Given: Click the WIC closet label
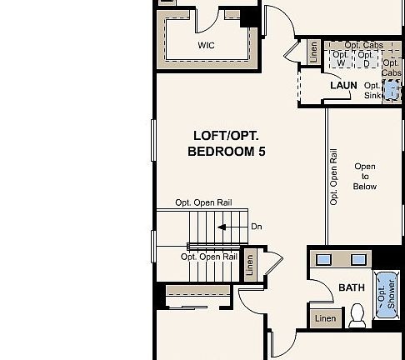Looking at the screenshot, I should coord(205,46).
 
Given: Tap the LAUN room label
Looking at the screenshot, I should coord(343,86).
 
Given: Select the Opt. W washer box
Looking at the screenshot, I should coord(340,59).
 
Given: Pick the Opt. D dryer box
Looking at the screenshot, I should coord(365,59).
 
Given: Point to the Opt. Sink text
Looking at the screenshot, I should coord(373,91).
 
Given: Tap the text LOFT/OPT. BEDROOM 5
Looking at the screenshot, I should coord(227,143).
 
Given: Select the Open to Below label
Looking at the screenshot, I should coord(365,177).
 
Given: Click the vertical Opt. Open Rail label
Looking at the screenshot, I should coord(333,177).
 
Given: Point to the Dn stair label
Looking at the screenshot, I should coord(257,227).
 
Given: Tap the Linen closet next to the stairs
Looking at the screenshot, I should coord(250,263).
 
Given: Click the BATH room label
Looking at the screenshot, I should coord(351,288).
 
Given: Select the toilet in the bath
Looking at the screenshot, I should coord(357,314).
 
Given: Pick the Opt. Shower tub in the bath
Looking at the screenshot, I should coord(386,293).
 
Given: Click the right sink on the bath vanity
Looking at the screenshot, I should coord(358,258).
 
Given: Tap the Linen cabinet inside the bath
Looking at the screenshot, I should coord(325,317).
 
